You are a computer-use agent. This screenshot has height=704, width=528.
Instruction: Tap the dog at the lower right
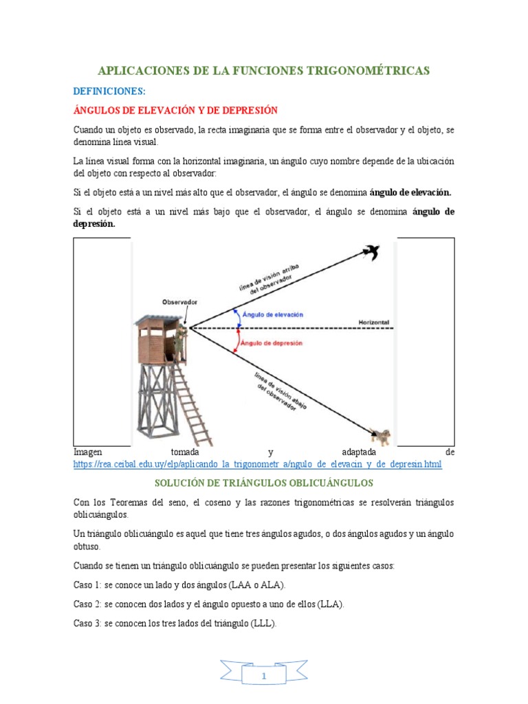point(380,434)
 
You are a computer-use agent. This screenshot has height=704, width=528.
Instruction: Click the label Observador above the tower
point(179,302)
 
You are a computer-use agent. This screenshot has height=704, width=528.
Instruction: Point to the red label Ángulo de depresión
point(273,342)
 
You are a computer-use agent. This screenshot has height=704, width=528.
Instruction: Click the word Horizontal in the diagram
point(374,322)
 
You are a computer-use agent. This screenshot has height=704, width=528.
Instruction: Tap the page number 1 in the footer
point(263,676)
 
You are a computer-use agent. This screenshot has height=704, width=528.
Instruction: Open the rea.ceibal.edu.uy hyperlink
point(257,465)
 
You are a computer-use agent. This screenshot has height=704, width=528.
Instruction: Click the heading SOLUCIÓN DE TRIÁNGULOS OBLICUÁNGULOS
point(263,483)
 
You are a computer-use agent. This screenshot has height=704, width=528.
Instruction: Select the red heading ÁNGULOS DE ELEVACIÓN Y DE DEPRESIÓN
point(175,110)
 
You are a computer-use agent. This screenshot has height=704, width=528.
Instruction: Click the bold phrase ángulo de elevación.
point(410,192)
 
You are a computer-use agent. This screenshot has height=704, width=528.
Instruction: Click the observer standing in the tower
point(179,342)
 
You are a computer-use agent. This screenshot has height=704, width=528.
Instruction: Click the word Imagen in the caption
point(88,452)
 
